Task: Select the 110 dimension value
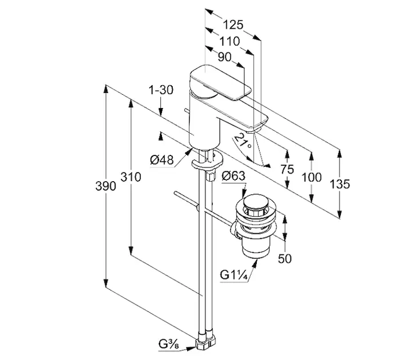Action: pyautogui.click(x=229, y=41)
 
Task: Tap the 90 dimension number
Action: pyautogui.click(x=224, y=58)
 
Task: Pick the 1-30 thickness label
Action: pyautogui.click(x=161, y=90)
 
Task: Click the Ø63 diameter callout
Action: pyautogui.click(x=233, y=176)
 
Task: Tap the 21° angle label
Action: pyautogui.click(x=242, y=143)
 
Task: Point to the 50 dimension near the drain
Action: pyautogui.click(x=286, y=259)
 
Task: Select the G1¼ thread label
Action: pyautogui.click(x=233, y=275)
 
